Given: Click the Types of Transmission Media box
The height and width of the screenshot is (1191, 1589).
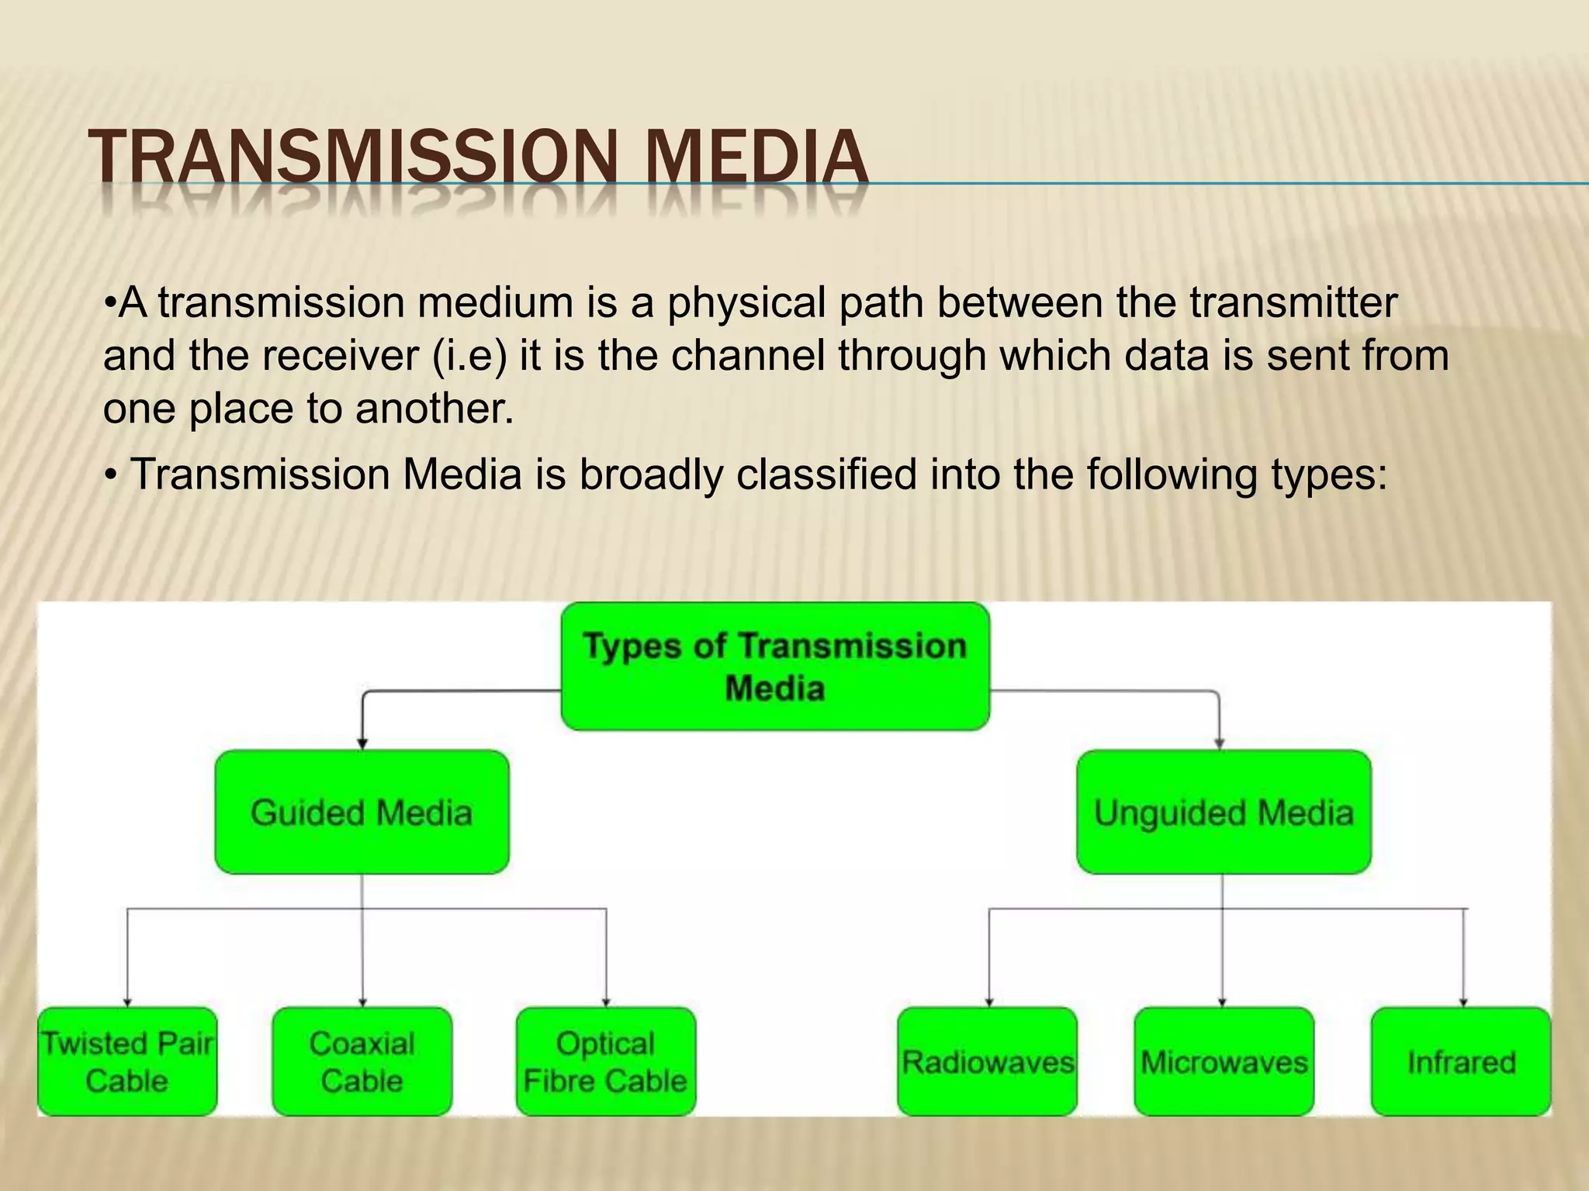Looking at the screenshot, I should (774, 667).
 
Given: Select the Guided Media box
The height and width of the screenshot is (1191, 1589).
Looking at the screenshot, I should (362, 812).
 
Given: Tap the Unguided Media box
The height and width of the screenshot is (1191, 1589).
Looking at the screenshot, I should (1224, 812).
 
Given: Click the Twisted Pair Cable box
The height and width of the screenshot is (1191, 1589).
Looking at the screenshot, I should (127, 1062).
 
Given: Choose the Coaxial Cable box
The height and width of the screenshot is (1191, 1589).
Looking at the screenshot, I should (362, 1062).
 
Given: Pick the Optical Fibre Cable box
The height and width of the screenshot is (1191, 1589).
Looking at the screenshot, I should (605, 1062).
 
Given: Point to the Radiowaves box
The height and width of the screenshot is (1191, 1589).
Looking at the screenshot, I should (987, 1062).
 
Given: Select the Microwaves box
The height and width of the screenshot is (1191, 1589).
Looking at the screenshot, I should (1224, 1062).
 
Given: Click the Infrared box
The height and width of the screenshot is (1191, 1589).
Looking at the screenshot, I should (1461, 1062).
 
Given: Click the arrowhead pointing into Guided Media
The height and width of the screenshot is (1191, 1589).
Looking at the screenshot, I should (362, 744).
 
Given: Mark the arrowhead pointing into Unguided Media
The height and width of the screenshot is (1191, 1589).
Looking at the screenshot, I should (1219, 744).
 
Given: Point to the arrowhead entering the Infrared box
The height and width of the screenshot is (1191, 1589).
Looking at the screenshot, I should (1463, 1002).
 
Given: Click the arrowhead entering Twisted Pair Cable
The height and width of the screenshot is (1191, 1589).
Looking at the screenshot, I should (127, 1002).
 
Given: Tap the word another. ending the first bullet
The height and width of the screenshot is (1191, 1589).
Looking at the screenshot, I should (434, 409).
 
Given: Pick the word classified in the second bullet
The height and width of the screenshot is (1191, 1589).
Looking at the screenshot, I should (826, 475).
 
